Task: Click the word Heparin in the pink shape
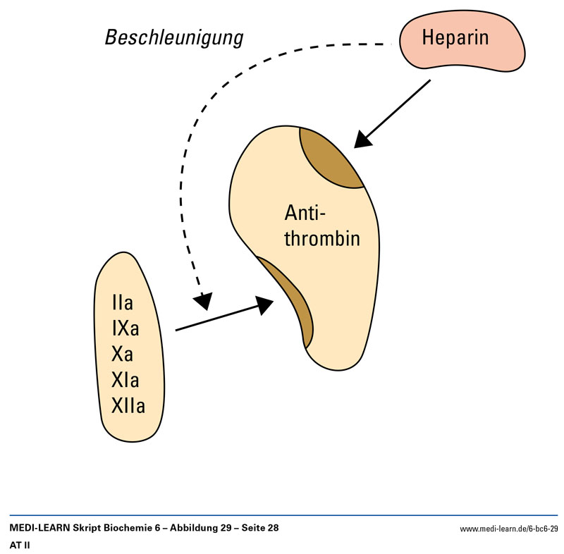[x=455, y=37]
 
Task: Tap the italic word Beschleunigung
[x=174, y=38]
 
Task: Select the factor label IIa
[x=122, y=304]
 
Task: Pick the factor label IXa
[x=125, y=328]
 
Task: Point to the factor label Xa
[x=122, y=354]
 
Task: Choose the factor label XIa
[x=125, y=380]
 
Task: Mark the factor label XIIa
[x=128, y=405]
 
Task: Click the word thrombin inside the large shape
[x=322, y=238]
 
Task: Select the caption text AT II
[x=19, y=545]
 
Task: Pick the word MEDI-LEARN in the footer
[x=40, y=528]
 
